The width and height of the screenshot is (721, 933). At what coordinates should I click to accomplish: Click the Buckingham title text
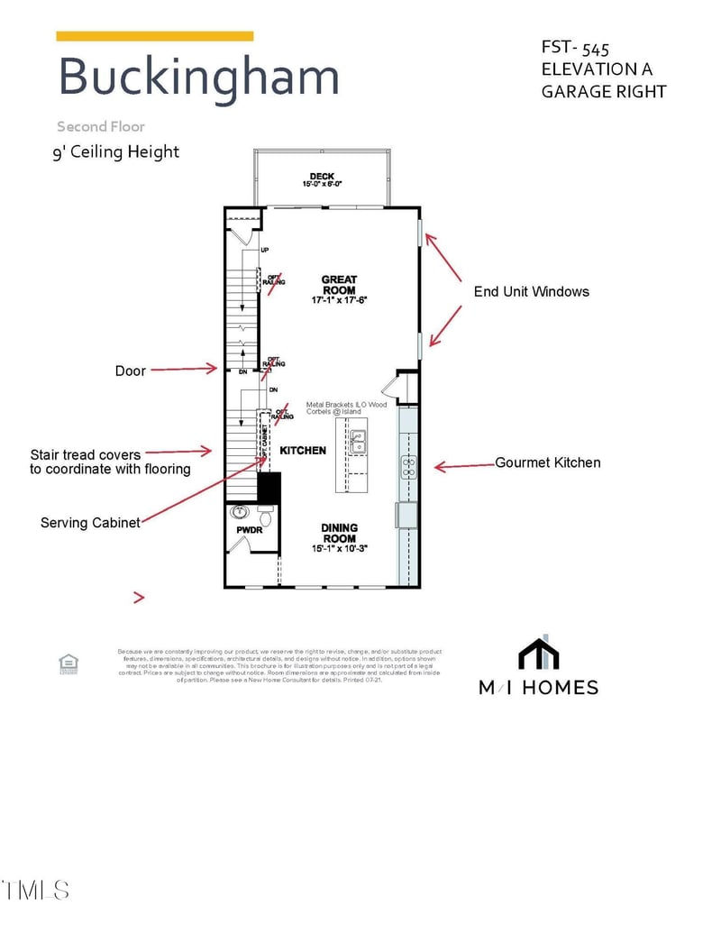198,77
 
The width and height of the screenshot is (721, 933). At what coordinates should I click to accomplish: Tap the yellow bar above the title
154,36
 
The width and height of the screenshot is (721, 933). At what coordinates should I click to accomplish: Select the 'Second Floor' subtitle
100,127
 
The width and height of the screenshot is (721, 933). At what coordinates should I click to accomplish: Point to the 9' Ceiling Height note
115,151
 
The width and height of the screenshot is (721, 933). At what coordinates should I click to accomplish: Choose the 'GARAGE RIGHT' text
604,91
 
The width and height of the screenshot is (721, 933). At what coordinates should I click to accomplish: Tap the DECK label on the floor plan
322,177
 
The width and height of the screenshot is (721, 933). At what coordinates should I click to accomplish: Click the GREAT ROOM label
339,285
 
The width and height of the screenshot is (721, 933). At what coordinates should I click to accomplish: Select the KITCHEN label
303,450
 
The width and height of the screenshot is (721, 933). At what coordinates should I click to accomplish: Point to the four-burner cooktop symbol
408,467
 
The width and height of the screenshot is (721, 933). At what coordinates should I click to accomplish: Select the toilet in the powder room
266,518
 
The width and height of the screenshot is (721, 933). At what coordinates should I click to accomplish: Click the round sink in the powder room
241,513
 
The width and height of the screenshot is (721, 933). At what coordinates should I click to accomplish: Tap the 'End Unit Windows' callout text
531,291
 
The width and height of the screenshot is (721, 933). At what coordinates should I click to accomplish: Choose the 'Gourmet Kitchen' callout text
547,462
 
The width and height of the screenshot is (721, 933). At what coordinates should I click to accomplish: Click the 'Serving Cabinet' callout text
90,523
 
